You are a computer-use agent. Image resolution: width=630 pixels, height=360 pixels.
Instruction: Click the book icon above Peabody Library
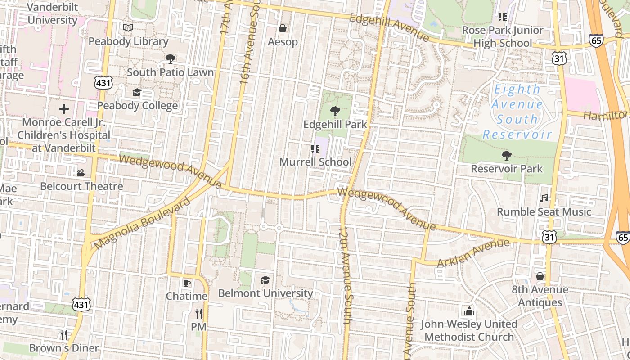tap(128, 28)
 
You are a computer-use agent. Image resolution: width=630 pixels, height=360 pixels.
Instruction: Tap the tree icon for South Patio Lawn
tap(170, 58)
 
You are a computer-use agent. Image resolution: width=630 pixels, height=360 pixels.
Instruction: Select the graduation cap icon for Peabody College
tap(137, 93)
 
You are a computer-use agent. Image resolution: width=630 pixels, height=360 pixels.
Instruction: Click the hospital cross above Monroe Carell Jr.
tap(64, 109)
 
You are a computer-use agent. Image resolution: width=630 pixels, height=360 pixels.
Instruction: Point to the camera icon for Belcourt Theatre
tap(81, 173)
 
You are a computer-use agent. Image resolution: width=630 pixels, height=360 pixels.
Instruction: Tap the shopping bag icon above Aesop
tap(283, 29)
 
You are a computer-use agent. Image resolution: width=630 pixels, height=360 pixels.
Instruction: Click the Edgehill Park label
tap(335, 125)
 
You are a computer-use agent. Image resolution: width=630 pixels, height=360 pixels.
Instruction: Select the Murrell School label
tap(315, 162)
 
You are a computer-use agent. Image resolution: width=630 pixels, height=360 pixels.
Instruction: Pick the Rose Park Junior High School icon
tap(503, 18)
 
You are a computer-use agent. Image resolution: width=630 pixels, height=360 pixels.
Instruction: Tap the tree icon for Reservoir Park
tap(507, 156)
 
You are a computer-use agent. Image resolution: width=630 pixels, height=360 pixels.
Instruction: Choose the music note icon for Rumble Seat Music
tap(544, 198)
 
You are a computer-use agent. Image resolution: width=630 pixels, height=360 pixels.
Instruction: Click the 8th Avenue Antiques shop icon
tap(540, 276)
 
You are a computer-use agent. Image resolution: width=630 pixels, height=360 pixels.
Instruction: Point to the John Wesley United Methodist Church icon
tap(469, 311)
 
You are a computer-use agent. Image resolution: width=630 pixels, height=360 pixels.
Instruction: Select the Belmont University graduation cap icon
tap(265, 280)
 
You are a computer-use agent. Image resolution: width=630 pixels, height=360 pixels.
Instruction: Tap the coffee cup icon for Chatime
tap(186, 283)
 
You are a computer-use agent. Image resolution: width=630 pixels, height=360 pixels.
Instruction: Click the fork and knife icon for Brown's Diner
tap(64, 334)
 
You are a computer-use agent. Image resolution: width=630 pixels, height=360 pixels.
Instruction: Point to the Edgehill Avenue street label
tap(389, 27)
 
